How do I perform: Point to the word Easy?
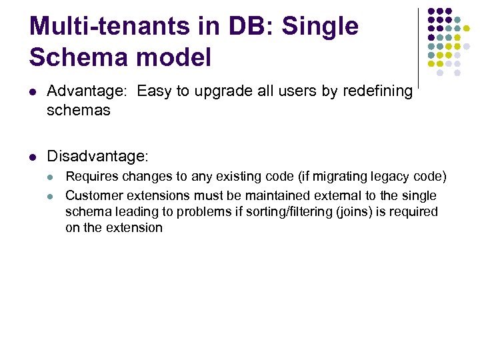coord(154,91)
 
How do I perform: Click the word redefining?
coord(378,91)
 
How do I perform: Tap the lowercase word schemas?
coord(78,111)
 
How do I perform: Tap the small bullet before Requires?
coord(52,177)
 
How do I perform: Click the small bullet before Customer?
coord(52,196)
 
